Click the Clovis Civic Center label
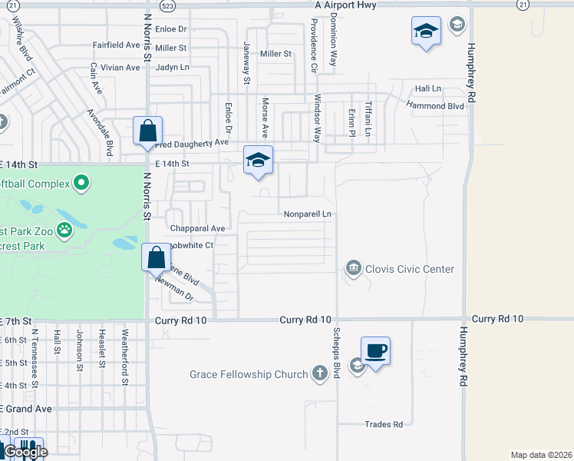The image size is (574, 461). [411, 269]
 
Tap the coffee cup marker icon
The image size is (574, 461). [376, 351]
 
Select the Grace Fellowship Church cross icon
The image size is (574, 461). [320, 374]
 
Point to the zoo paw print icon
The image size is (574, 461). [66, 229]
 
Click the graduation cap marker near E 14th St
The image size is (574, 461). [259, 160]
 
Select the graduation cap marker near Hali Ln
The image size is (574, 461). [426, 32]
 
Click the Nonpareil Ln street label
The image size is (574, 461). [307, 214]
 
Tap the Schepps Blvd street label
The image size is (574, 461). [336, 353]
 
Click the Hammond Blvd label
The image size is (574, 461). [435, 104]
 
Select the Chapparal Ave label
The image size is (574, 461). [197, 228]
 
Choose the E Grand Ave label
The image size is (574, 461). [27, 409]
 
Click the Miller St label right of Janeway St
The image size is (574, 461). [276, 54]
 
